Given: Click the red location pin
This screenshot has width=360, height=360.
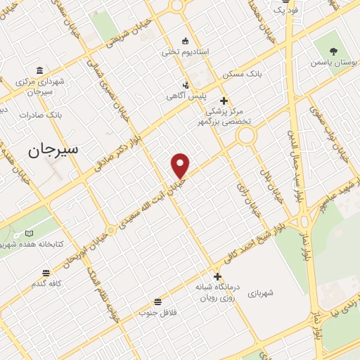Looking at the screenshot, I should (181, 165).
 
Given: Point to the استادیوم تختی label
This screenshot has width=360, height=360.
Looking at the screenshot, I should (185, 52).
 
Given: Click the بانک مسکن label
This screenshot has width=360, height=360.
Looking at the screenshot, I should (242, 74).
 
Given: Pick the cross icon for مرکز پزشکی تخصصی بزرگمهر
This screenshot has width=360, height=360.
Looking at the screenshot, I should (224, 101).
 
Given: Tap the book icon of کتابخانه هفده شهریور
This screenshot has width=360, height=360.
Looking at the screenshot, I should (29, 233).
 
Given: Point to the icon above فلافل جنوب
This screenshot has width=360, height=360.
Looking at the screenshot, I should (157, 301).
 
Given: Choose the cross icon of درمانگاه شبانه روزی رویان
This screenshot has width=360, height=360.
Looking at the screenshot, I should (218, 276).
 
